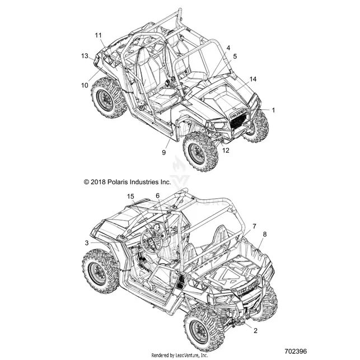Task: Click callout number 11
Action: pyautogui.click(x=99, y=35)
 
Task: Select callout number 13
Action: pyautogui.click(x=85, y=56)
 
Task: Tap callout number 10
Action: pyautogui.click(x=85, y=86)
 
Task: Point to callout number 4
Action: pyautogui.click(x=228, y=48)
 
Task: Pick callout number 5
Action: pyautogui.click(x=235, y=57)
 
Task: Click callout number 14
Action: pyautogui.click(x=253, y=79)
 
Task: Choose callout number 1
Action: pyautogui.click(x=273, y=110)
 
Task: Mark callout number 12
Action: pyautogui.click(x=226, y=151)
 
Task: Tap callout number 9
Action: pyautogui.click(x=163, y=152)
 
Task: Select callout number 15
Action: pyautogui.click(x=130, y=197)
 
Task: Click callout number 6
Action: pyautogui.click(x=157, y=196)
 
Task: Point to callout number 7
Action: pyautogui.click(x=254, y=226)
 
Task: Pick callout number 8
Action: pyautogui.click(x=265, y=235)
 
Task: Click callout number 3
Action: pyautogui.click(x=87, y=243)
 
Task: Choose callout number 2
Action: pyautogui.click(x=255, y=331)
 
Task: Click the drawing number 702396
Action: pyautogui.click(x=296, y=352)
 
